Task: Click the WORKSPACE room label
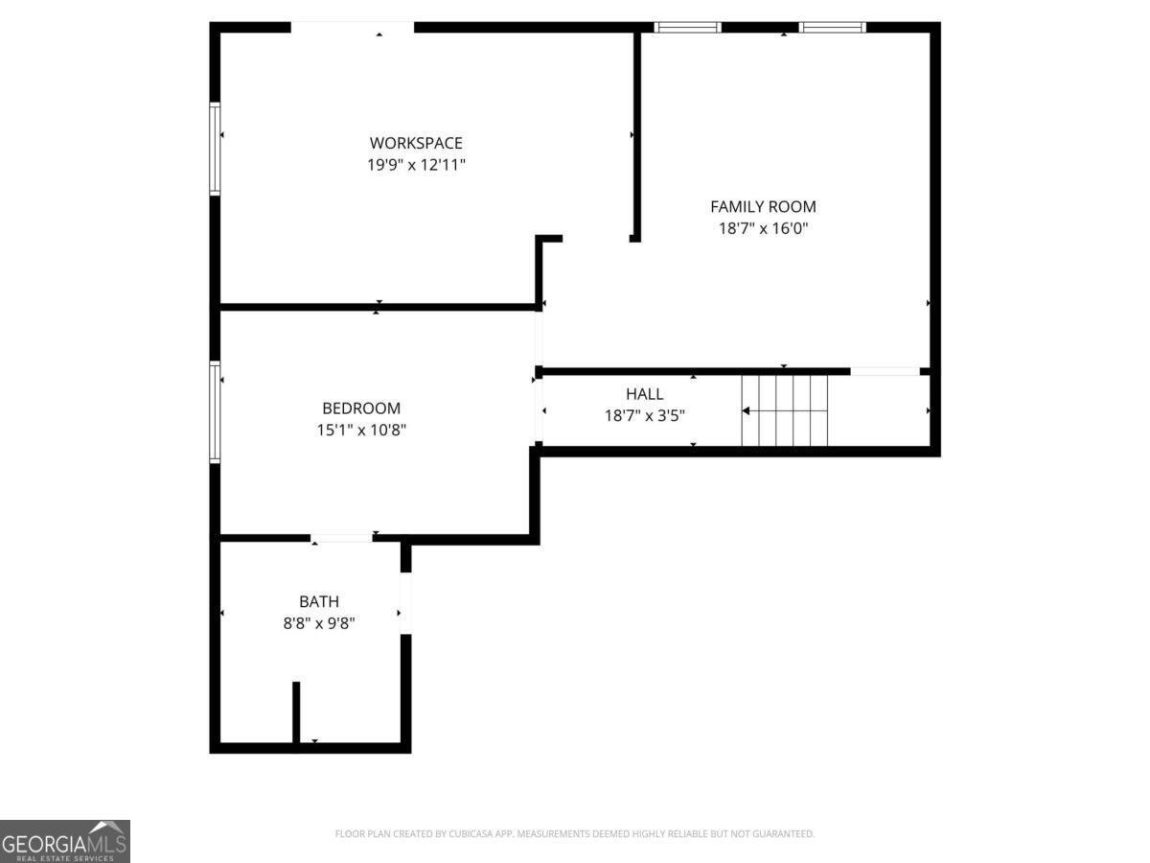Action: point(416,143)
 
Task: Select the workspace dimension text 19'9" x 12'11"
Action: point(416,165)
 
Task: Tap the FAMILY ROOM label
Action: point(763,207)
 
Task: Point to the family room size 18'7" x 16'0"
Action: point(763,229)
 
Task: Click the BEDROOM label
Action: point(361,408)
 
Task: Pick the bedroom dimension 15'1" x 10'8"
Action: point(361,431)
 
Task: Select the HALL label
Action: point(644,394)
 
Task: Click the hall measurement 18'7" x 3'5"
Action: point(644,416)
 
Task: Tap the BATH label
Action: point(318,601)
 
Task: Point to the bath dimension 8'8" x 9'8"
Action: point(318,623)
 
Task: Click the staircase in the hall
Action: point(784,410)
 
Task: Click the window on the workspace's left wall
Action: point(215,149)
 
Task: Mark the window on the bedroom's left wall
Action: point(215,412)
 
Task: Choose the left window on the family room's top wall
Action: point(687,28)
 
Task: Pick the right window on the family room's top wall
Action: point(832,28)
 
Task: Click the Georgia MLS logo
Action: point(65,841)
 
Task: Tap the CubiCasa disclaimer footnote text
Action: point(575,833)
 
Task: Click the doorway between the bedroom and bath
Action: point(341,538)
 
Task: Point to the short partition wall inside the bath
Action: point(296,712)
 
